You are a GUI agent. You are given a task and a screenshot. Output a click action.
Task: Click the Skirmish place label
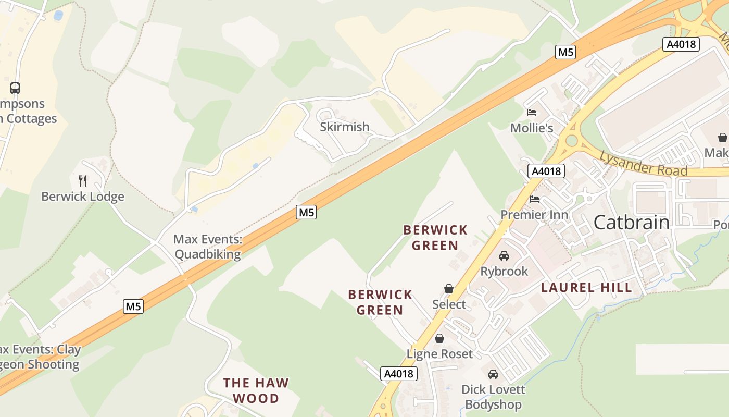tap(344, 127)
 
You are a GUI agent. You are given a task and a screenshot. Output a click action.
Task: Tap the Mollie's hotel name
tap(531, 128)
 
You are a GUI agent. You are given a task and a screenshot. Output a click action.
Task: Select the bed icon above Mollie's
tap(532, 112)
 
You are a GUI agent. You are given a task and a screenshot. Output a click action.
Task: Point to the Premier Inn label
tap(534, 215)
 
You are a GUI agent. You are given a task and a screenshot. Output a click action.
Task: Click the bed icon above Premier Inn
tap(534, 199)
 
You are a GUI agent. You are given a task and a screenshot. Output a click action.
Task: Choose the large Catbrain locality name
tap(631, 223)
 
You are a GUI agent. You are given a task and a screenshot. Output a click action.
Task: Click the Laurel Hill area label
tap(586, 287)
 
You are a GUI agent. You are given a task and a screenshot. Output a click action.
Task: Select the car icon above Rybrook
tap(504, 256)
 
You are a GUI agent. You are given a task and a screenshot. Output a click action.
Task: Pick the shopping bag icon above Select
tap(449, 289)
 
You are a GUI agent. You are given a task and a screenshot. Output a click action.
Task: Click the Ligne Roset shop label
tap(439, 354)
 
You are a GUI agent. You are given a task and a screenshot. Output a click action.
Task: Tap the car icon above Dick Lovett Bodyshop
tap(493, 374)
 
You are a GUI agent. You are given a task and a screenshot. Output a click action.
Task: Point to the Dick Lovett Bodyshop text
tap(493, 397)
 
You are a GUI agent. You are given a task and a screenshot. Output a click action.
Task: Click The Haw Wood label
tap(256, 390)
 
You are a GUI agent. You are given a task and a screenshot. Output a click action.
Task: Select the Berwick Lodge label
tap(83, 197)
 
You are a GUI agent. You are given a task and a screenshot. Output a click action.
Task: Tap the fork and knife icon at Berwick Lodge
tap(83, 181)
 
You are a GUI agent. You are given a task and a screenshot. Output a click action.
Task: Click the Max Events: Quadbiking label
tap(208, 247)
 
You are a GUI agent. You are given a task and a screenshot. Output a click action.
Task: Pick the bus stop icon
tap(15, 88)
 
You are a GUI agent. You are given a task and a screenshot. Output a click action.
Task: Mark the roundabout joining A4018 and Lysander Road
tap(572, 140)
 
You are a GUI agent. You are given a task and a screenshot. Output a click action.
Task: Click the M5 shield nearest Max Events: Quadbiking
tap(306, 212)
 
